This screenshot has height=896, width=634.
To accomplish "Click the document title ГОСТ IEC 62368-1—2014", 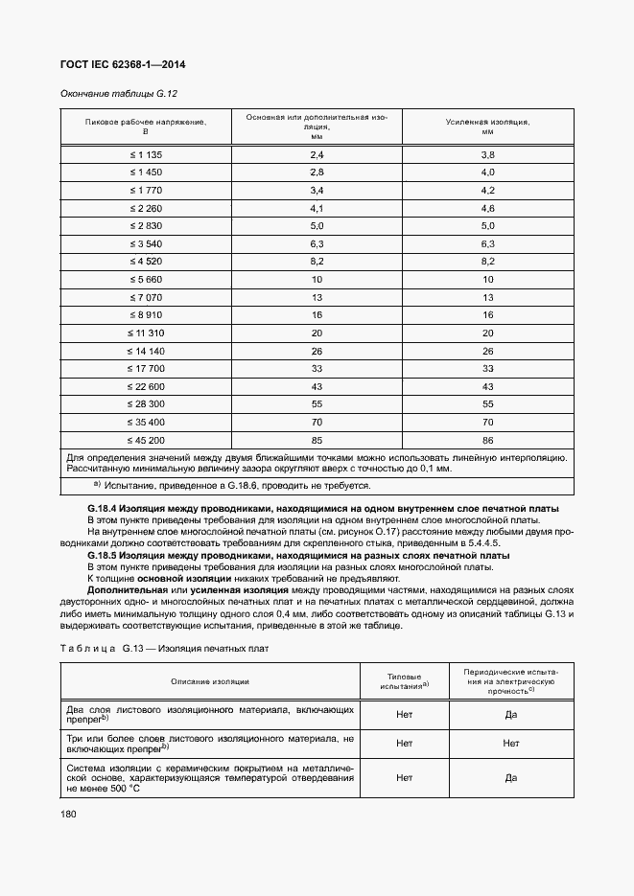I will pos(123,64).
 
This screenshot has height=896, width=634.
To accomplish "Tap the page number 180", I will pos(69,814).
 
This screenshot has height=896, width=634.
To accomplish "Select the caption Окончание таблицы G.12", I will pos(119,94).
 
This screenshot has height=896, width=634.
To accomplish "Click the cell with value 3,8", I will pos(487,154).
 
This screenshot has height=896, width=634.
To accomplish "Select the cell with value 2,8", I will pos(317,172).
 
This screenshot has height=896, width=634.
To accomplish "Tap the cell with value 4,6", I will pos(487,208).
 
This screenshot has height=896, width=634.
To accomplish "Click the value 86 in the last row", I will pos(487,440).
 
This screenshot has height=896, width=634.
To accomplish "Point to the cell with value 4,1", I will pos(317,208).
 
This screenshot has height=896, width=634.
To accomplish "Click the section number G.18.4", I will pos(103,507).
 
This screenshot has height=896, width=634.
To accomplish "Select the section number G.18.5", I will pos(103,556).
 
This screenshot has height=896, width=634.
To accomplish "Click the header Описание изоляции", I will pos(210,681).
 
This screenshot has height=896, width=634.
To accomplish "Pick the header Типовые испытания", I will pos(404,681).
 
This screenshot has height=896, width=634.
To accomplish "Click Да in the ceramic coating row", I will pos(510,778).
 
